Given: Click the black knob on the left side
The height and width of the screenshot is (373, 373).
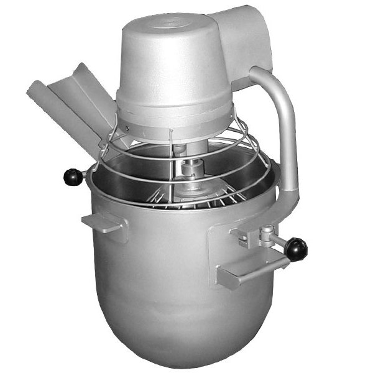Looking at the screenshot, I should [x=73, y=177].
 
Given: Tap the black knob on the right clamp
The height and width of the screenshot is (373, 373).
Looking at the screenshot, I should [x=297, y=249].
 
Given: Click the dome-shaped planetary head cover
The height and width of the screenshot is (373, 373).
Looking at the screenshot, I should [x=171, y=62].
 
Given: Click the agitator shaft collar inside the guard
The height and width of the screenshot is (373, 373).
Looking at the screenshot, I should [x=191, y=168].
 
